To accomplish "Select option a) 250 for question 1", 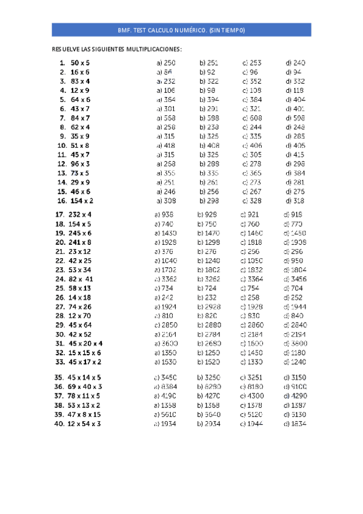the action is pos(166,62).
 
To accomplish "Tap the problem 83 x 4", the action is pos(80,81).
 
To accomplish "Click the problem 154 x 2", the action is pos(82,201).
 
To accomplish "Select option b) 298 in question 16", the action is pos(209,201).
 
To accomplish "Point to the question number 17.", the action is pos(59,215).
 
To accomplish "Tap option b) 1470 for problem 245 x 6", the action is pos(208,233).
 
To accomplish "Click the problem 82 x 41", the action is pos(81,279).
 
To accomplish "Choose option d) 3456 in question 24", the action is pos(295,279).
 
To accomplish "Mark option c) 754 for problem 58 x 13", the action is pos(252,288).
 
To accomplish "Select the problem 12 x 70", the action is pos(79,316).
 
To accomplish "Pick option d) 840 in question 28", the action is pos(294,316).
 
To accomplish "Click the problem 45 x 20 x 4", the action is pos(86,343).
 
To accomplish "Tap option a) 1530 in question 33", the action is pos(165,362).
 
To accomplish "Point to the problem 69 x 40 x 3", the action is pos(85,386).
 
